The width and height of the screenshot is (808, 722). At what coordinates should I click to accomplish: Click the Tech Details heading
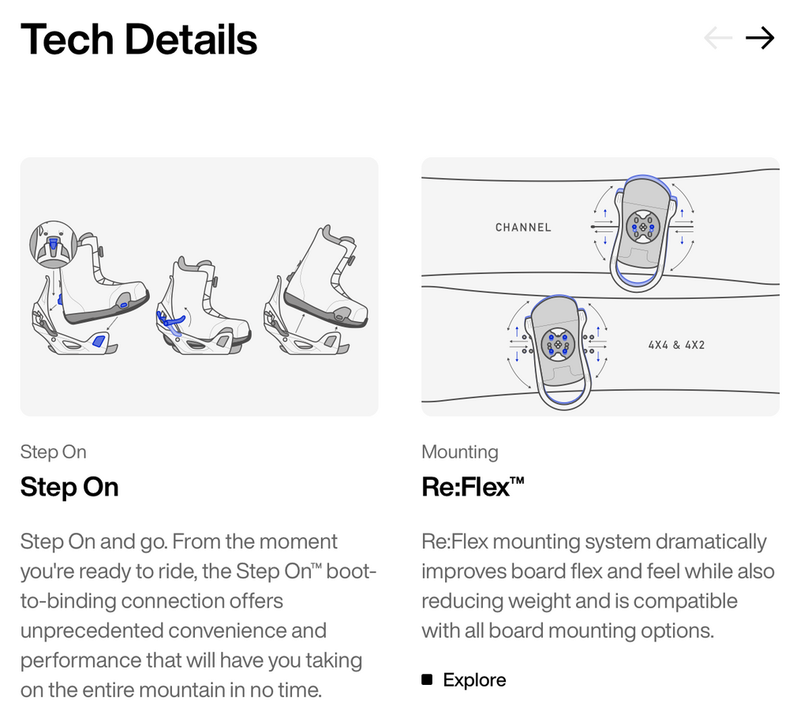click(139, 39)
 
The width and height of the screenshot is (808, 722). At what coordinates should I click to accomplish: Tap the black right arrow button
click(760, 38)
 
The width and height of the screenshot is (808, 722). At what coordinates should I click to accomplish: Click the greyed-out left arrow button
click(718, 38)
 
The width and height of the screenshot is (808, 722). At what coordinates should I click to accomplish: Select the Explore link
click(474, 679)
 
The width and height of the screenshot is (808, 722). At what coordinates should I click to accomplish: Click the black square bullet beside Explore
click(427, 679)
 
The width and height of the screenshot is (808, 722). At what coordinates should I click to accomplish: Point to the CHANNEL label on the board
click(523, 227)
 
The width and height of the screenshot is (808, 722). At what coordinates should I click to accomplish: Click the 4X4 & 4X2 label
click(676, 345)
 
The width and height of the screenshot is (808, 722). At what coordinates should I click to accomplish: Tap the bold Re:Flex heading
click(473, 487)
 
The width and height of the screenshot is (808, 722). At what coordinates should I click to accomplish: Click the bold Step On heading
click(69, 487)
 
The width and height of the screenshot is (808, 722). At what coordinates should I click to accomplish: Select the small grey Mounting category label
click(460, 452)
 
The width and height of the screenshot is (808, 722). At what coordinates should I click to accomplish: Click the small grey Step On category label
click(53, 452)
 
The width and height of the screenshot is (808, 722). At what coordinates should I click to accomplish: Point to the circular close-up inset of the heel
click(54, 245)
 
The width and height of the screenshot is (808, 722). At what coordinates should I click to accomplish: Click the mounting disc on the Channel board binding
click(642, 226)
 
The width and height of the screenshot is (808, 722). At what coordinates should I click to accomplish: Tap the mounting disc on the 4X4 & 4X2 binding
click(558, 344)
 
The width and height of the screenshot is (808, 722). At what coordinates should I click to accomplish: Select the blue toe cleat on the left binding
click(98, 341)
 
